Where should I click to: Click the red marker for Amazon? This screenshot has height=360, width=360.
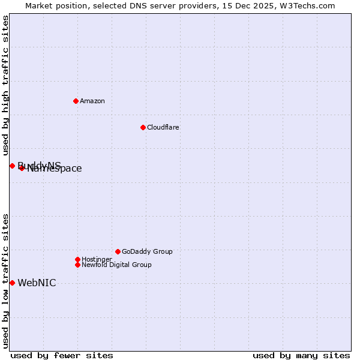pos(76,101)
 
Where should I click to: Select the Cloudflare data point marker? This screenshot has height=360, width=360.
pos(143,127)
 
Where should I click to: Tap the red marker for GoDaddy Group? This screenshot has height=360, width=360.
pos(118,251)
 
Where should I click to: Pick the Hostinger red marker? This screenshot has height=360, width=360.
pos(77,259)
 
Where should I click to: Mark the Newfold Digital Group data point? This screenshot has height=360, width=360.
pos(77,265)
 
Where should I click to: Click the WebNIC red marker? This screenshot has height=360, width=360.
pos(12,283)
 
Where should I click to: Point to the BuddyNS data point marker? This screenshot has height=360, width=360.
pos(12,166)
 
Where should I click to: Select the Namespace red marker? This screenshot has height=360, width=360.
pos(22,168)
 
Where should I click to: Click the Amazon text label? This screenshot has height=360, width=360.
pos(92,101)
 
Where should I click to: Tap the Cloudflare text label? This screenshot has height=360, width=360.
pos(163,127)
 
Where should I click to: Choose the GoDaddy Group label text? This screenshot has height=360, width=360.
pos(147,251)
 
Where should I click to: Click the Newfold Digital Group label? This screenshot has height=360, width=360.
pos(117,265)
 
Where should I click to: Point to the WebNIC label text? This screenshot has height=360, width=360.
pos(37,283)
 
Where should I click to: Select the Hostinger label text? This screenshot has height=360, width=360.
pos(97,259)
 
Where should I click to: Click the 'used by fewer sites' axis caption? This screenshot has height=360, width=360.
pos(62,355)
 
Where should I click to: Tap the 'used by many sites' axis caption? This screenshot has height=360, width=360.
pos(301,355)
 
